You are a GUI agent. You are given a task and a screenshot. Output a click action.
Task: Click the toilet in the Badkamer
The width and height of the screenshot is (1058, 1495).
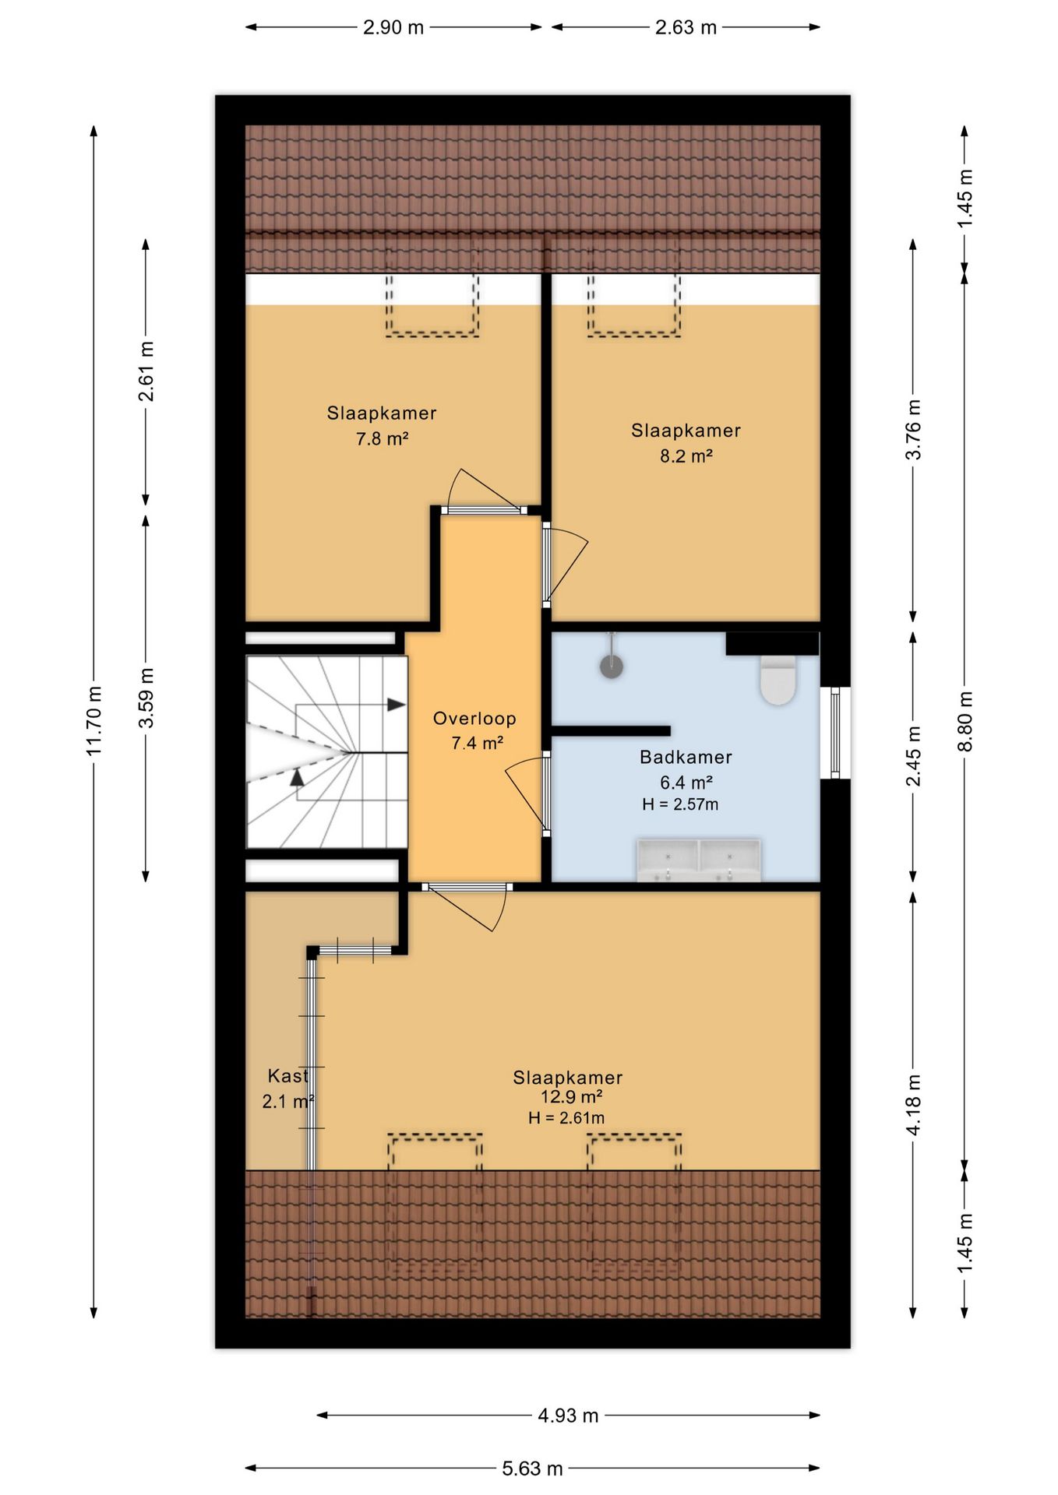(778, 680)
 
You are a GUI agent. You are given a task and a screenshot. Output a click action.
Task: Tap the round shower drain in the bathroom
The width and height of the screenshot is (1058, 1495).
(612, 667)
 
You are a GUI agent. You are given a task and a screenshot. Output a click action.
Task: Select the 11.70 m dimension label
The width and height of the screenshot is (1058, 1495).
(94, 720)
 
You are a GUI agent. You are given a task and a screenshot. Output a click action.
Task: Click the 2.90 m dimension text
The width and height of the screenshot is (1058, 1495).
(393, 27)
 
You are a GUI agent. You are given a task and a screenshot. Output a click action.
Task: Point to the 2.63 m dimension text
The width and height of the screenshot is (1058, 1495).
(686, 27)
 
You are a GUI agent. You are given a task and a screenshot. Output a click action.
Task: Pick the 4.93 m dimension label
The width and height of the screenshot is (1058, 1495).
(568, 1415)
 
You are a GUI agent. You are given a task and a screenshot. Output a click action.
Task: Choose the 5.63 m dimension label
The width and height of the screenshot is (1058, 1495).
(532, 1468)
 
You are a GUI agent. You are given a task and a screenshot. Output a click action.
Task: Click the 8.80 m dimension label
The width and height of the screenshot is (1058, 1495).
(965, 720)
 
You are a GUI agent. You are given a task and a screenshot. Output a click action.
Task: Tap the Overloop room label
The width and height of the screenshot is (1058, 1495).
(474, 719)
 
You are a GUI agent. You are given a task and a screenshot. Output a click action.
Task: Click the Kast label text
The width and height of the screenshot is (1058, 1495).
(287, 1076)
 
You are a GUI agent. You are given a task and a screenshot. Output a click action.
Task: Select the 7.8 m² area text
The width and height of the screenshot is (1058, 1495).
(383, 438)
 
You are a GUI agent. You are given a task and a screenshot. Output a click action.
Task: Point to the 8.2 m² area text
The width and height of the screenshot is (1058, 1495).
(686, 456)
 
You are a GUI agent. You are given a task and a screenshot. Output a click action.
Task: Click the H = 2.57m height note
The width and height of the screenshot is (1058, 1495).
(680, 804)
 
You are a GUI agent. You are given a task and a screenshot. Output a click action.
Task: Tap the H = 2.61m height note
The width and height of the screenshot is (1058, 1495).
(566, 1117)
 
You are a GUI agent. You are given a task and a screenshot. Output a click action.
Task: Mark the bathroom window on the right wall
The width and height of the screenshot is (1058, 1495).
(835, 733)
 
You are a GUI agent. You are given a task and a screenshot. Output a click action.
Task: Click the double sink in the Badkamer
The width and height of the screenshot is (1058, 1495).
(699, 860)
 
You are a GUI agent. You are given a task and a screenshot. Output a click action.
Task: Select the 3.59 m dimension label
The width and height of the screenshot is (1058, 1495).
(146, 698)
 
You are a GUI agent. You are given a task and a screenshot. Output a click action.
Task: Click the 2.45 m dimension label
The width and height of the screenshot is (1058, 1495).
(914, 755)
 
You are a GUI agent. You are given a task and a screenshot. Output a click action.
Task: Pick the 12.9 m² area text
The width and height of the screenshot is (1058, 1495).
(572, 1096)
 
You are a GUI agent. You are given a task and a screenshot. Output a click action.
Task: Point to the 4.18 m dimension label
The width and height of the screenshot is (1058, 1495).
(914, 1104)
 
